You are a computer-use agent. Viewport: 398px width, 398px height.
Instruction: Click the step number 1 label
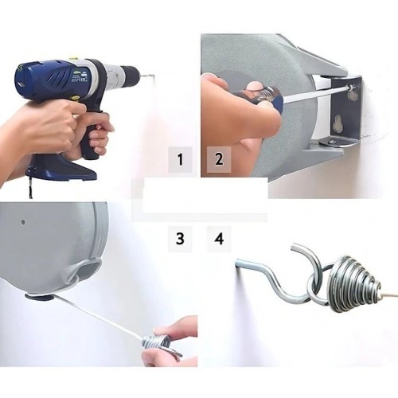(181, 159)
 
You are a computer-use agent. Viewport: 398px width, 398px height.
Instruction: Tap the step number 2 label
(219, 159)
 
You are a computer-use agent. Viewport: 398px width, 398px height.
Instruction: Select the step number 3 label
(180, 238)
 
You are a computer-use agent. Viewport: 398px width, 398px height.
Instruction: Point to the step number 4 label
(219, 238)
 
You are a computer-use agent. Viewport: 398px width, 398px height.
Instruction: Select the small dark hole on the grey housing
(23, 222)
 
